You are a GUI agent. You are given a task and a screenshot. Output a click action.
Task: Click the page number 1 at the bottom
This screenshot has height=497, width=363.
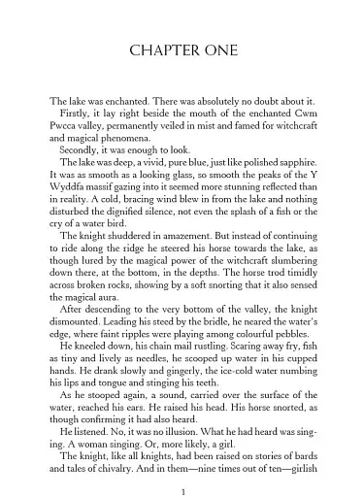181,466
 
